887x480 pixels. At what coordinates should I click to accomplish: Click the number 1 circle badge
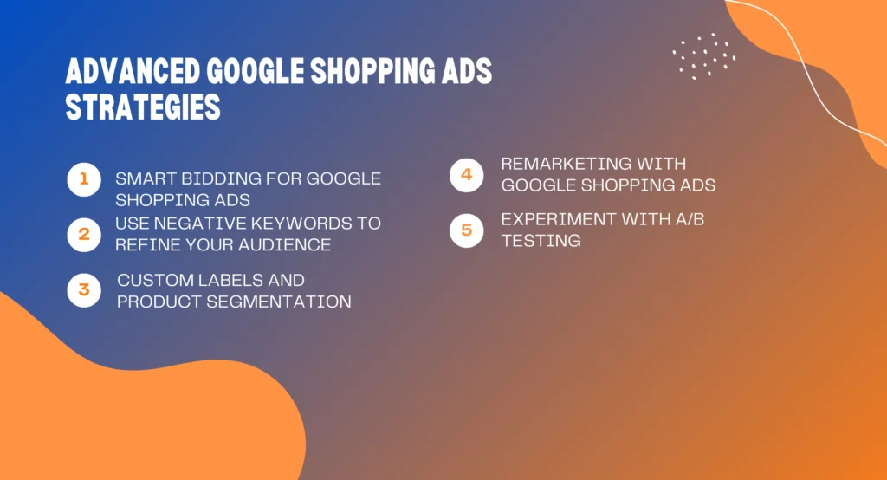coord(84,179)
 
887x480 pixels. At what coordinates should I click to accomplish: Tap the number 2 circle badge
coord(84,234)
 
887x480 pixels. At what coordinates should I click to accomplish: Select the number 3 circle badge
coord(84,290)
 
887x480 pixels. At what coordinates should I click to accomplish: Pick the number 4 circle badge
coord(466,175)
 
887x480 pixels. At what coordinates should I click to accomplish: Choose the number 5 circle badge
coord(466,230)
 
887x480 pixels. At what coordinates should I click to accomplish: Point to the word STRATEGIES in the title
coord(143,109)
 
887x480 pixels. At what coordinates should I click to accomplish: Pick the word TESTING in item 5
coord(541,241)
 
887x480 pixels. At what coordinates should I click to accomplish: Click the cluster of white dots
coord(704,56)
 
